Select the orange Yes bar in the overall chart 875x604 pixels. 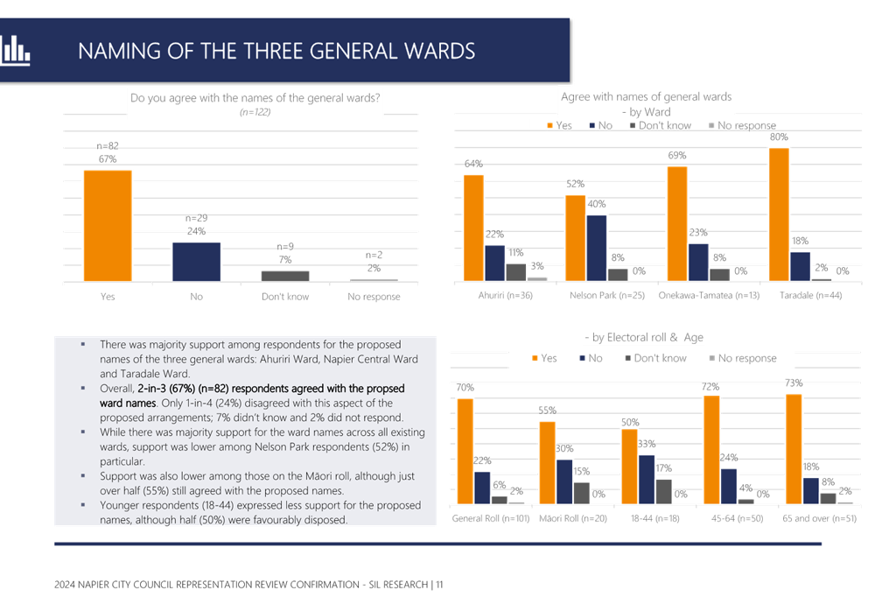tap(108, 225)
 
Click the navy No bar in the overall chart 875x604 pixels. tap(196, 261)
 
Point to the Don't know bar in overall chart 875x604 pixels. tap(284, 275)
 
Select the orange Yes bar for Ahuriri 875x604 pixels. tap(473, 227)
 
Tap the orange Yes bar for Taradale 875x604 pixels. tap(779, 214)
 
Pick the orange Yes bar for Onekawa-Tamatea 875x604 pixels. tap(676, 223)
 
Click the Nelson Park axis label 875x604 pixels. tap(606, 296)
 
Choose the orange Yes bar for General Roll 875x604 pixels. tap(464, 451)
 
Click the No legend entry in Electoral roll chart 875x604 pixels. tap(593, 357)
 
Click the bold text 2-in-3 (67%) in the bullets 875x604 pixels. tap(171, 387)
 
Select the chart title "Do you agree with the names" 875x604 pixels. tap(255, 99)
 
